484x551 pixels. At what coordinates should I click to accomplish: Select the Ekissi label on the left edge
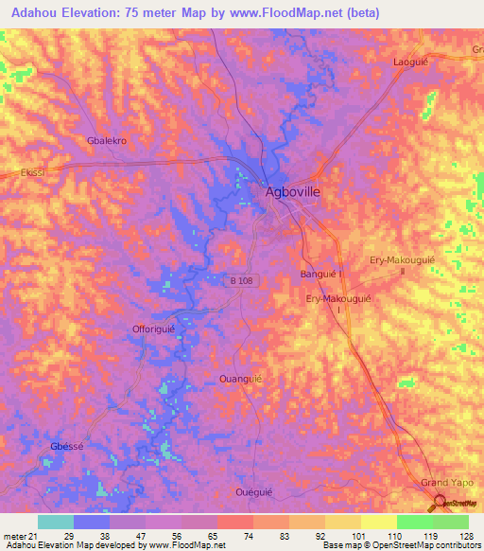[20, 174]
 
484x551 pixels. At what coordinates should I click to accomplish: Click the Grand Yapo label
[444, 484]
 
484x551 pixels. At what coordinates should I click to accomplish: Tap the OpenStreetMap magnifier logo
[441, 505]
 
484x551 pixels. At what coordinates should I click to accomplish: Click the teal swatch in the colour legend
[55, 522]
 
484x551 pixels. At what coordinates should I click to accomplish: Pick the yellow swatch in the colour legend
[378, 522]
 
